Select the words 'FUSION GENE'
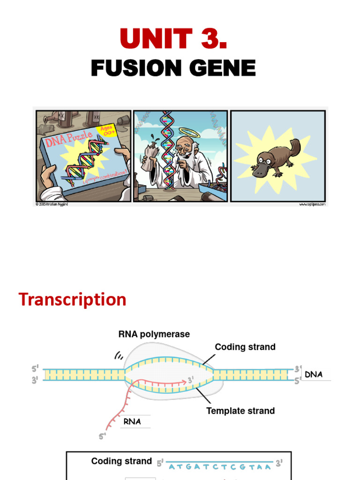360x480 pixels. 173,68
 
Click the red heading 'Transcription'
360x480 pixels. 72,300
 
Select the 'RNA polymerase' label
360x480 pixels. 154,334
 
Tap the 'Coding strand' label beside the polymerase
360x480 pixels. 245,347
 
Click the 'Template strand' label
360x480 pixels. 240,411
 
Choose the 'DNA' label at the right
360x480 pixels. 314,375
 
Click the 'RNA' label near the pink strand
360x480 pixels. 132,421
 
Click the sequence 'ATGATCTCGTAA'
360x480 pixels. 219,467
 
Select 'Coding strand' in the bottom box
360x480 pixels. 121,461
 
